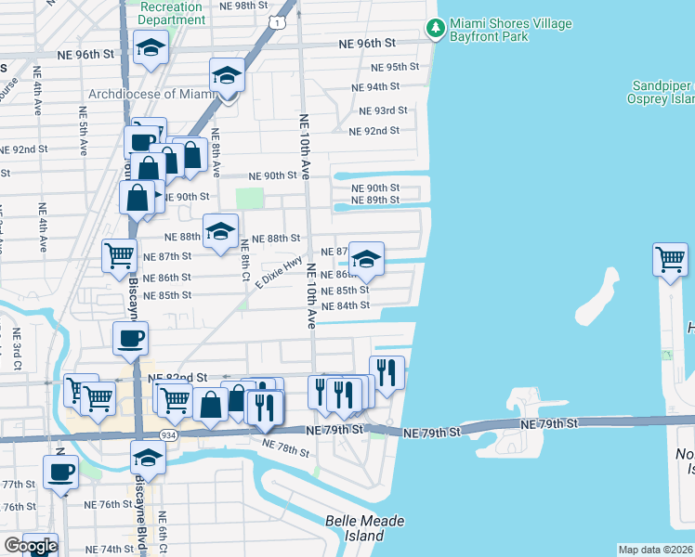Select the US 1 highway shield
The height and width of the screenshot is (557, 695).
click(278, 19)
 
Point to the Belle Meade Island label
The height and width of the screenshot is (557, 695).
click(367, 528)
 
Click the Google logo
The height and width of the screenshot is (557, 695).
click(31, 546)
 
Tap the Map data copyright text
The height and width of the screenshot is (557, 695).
click(656, 550)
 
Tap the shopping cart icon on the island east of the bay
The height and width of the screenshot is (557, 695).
click(670, 259)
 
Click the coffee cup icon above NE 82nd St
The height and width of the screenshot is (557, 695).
click(130, 339)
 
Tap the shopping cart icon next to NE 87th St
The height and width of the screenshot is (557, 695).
click(119, 255)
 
